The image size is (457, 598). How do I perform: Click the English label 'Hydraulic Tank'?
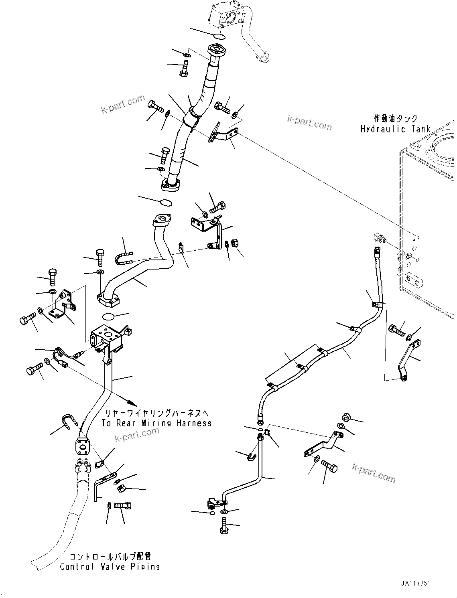(395, 129)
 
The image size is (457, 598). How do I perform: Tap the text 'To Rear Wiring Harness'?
(156, 423)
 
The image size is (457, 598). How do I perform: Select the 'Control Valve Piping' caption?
(110, 567)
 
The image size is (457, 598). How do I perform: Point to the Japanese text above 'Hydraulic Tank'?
(395, 119)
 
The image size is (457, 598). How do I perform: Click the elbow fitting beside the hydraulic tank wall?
(379, 238)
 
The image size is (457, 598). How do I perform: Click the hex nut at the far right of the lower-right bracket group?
(347, 418)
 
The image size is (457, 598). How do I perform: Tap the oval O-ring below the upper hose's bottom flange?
(165, 202)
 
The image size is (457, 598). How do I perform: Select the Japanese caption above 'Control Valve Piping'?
(110, 557)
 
